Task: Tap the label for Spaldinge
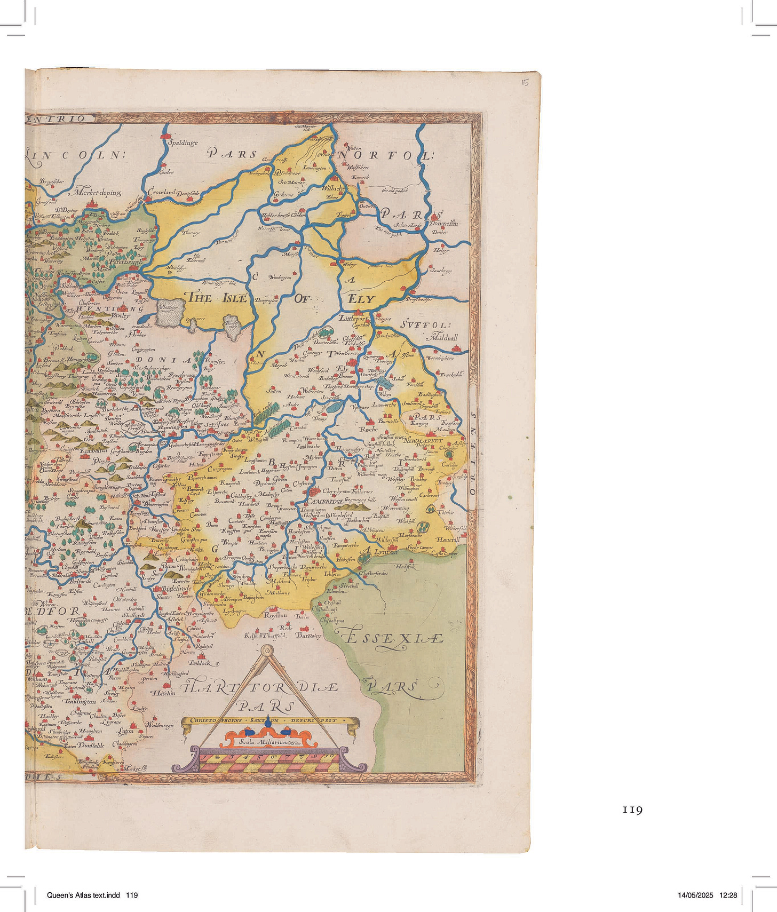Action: tap(183, 142)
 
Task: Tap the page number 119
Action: tap(632, 810)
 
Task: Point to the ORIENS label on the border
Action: tap(473, 459)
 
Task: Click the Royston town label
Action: tap(275, 615)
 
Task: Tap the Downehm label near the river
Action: tap(443, 224)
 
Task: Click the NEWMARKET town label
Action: tap(423, 441)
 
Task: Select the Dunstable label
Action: tap(90, 745)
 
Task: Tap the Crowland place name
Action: tap(161, 192)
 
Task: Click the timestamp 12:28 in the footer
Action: tap(728, 895)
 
